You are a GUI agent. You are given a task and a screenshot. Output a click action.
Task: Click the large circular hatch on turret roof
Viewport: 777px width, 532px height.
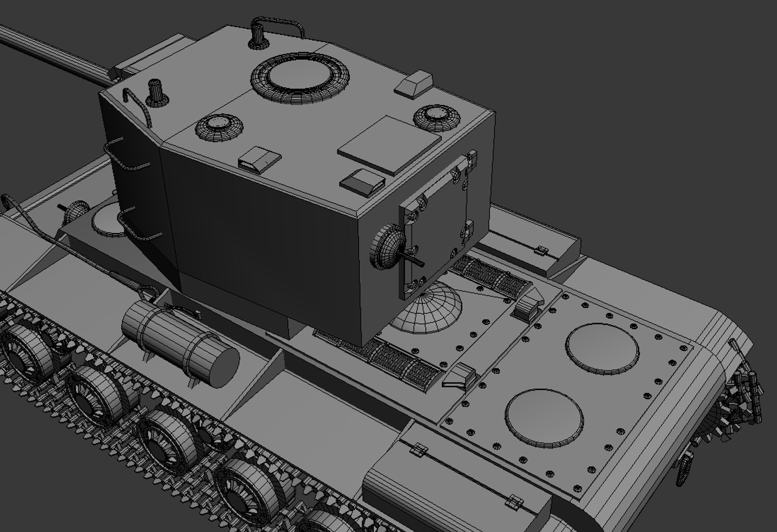[300, 77]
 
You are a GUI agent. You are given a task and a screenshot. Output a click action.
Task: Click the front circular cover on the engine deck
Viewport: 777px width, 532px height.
[544, 415]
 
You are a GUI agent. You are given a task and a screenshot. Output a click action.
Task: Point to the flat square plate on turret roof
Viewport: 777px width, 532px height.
[389, 144]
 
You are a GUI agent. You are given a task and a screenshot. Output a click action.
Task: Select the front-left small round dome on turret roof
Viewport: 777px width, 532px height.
[220, 127]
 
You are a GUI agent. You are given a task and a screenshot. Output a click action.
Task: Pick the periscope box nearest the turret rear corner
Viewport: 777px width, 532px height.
[362, 181]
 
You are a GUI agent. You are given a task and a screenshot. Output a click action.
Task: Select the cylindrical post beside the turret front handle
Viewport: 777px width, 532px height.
[258, 35]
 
